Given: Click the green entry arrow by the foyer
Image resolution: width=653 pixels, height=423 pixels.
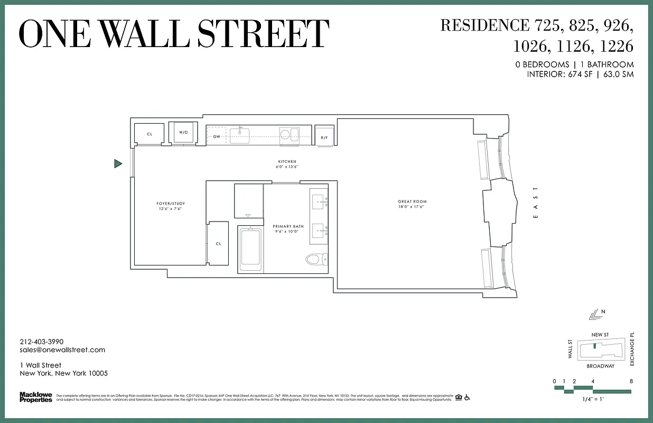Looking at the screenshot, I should (118, 164).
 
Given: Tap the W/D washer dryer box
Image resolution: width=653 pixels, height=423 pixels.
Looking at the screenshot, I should (183, 132).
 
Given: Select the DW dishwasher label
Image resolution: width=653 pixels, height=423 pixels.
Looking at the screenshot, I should (217, 136).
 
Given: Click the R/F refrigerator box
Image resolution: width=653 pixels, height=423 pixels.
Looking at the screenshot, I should (324, 137).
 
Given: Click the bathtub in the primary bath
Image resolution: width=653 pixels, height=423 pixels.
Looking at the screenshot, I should (250, 249).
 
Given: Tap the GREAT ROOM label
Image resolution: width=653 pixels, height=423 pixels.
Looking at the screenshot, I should (412, 201).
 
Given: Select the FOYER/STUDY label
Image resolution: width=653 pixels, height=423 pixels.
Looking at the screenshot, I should (171, 204).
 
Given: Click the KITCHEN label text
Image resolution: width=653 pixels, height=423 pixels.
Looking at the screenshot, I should (287, 162).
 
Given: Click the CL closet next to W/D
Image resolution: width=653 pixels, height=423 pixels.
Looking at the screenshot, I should (150, 134).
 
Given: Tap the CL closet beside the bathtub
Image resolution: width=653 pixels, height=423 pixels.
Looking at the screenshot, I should (218, 244).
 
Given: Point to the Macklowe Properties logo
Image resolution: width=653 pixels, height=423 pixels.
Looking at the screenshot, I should (36, 397).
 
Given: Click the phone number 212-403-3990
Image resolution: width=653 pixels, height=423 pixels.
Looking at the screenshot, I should (41, 342).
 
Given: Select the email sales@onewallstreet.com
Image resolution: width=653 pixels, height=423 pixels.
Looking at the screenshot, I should (62, 350).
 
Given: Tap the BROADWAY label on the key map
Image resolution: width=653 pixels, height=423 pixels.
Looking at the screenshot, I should (601, 366).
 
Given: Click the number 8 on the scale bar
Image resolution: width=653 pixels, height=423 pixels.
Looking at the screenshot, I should (631, 381).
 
